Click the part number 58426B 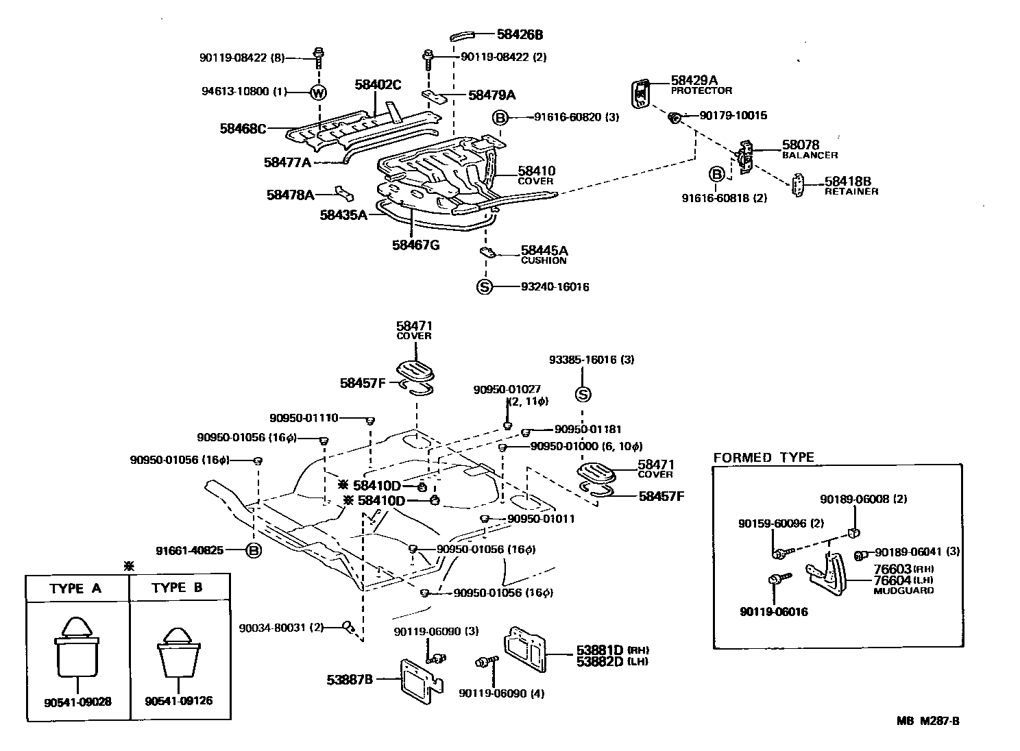520,34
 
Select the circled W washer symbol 319,93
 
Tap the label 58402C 378,85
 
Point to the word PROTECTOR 701,90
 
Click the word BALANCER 810,156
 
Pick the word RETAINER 851,192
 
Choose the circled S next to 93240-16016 485,286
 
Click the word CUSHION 543,261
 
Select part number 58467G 415,245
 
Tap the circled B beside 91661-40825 254,551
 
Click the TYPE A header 75,589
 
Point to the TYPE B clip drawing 178,653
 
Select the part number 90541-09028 77,702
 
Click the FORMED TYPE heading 763,458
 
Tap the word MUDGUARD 903,591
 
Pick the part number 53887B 350,680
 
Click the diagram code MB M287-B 928,721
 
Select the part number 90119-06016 774,612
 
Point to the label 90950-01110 304,418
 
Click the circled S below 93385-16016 583,394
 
